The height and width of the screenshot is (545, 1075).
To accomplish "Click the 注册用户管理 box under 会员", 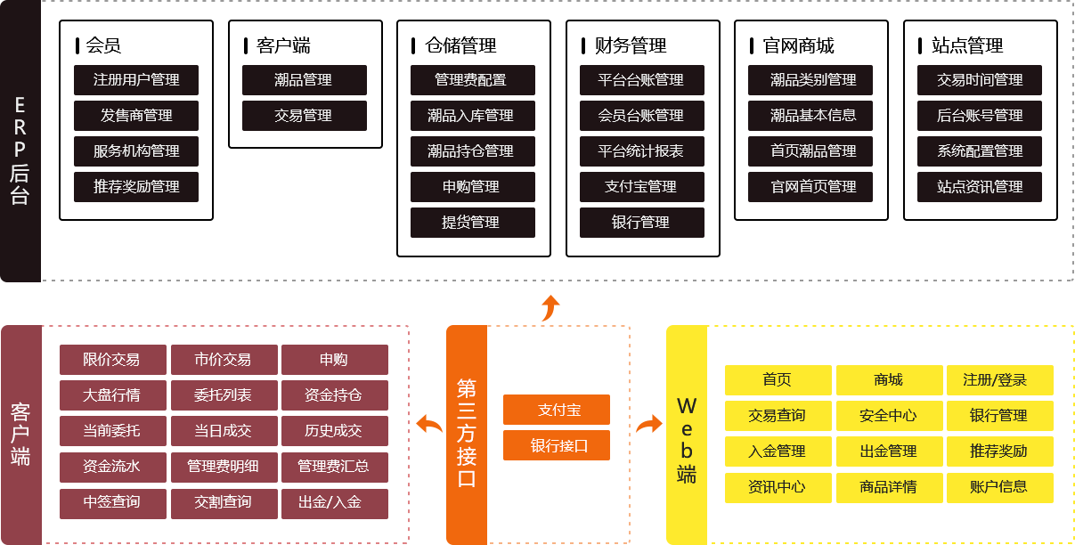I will tap(136, 80).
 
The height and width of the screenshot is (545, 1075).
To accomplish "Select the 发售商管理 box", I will tap(136, 116).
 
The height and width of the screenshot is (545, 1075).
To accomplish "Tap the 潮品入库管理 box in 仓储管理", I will tap(473, 116).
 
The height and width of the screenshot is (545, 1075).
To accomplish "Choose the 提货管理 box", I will tap(473, 223).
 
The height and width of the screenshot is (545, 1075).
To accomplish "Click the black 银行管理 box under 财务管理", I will tap(642, 223).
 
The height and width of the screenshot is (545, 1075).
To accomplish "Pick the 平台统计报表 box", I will tap(642, 151).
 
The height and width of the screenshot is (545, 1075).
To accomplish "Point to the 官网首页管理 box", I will tap(810, 187).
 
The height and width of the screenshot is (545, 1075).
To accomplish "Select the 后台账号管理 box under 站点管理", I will tap(980, 116).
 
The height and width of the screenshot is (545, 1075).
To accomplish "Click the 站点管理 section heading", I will tap(967, 45).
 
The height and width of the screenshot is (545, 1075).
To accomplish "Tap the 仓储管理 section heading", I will tap(460, 45).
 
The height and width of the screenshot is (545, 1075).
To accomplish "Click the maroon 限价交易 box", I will tap(113, 360).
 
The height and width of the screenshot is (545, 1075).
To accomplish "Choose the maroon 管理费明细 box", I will tap(224, 467).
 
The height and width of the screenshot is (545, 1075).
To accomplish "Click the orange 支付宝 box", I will tap(557, 410).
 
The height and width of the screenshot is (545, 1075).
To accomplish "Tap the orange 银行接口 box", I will tap(557, 445).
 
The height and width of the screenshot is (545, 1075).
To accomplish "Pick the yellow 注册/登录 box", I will tap(1000, 380).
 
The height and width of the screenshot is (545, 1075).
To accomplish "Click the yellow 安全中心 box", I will tap(889, 416).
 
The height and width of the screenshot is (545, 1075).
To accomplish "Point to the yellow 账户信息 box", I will tap(1000, 487).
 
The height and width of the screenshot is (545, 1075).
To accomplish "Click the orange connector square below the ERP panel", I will tap(550, 308).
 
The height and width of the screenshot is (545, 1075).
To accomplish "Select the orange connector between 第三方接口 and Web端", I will tap(648, 424).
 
